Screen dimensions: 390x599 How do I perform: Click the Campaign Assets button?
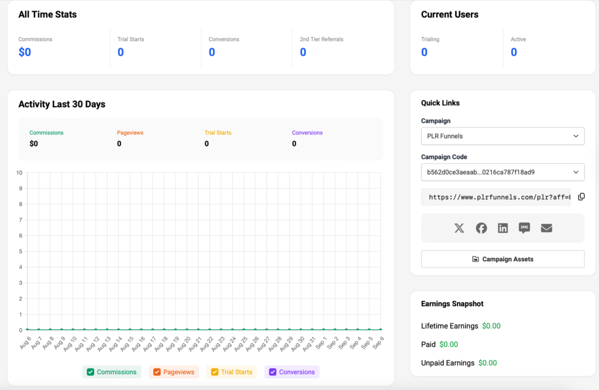tap(502, 259)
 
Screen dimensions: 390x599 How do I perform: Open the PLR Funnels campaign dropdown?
tap(502, 136)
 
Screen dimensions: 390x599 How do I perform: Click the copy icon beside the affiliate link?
tap(581, 197)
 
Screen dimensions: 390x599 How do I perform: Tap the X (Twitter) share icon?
tap(459, 228)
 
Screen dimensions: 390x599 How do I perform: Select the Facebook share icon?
tap(481, 228)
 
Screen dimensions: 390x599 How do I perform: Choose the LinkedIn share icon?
tap(502, 228)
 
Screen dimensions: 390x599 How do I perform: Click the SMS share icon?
tap(524, 228)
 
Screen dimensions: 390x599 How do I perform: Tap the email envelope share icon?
tap(546, 228)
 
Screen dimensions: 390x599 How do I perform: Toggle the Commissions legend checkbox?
tap(91, 372)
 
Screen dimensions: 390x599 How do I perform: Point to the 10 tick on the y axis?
tap(20, 173)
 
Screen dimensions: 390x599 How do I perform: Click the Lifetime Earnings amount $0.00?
tap(491, 326)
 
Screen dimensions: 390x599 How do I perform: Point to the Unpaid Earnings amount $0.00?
tap(487, 363)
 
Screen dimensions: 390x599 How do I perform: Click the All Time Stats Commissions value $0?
tap(25, 52)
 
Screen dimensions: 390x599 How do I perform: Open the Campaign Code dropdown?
tap(502, 172)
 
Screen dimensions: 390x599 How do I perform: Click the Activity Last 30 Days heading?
tap(62, 104)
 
